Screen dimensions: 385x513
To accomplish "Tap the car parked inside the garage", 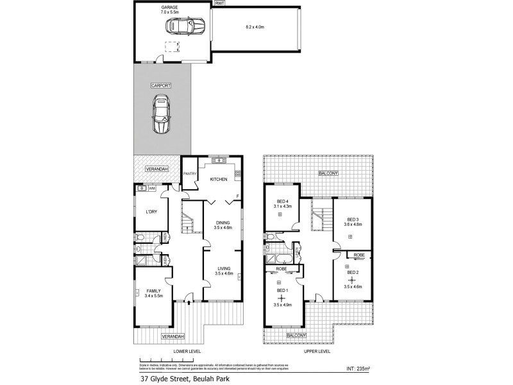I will click(185, 27).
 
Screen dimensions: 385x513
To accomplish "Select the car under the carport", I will click(160, 114).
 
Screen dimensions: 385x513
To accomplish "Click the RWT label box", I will click(219, 3).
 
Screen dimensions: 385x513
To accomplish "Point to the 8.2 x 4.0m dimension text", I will click(255, 27).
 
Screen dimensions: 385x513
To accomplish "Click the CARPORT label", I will click(161, 85).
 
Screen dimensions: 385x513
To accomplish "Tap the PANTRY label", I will click(190, 173).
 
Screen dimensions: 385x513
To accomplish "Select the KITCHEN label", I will click(219, 179).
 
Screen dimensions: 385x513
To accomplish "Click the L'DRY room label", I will click(151, 212).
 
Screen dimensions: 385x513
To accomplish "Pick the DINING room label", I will click(223, 223).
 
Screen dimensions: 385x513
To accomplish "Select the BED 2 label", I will click(353, 272).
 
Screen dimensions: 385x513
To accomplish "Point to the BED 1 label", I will click(283, 291).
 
